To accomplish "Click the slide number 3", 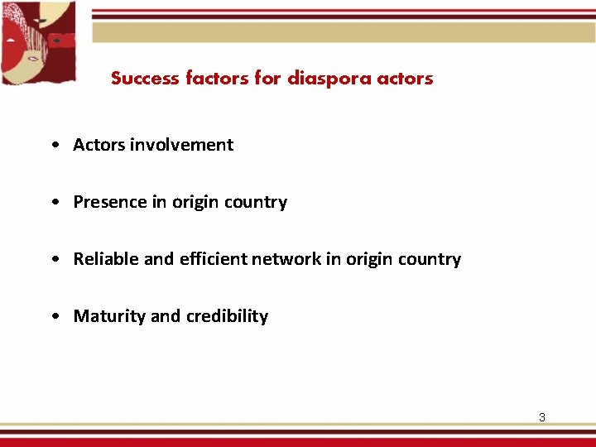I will tap(542, 417).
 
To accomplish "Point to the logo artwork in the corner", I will tap(38, 43).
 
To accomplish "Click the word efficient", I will tap(212, 259).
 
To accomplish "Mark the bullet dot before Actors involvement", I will tap(54, 146).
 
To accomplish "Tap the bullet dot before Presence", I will tap(54, 203).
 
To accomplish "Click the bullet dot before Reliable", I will tap(54, 260).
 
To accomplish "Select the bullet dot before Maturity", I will tap(54, 317).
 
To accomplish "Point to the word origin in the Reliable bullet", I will tap(368, 259).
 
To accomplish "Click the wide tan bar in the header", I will tap(343, 32).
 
